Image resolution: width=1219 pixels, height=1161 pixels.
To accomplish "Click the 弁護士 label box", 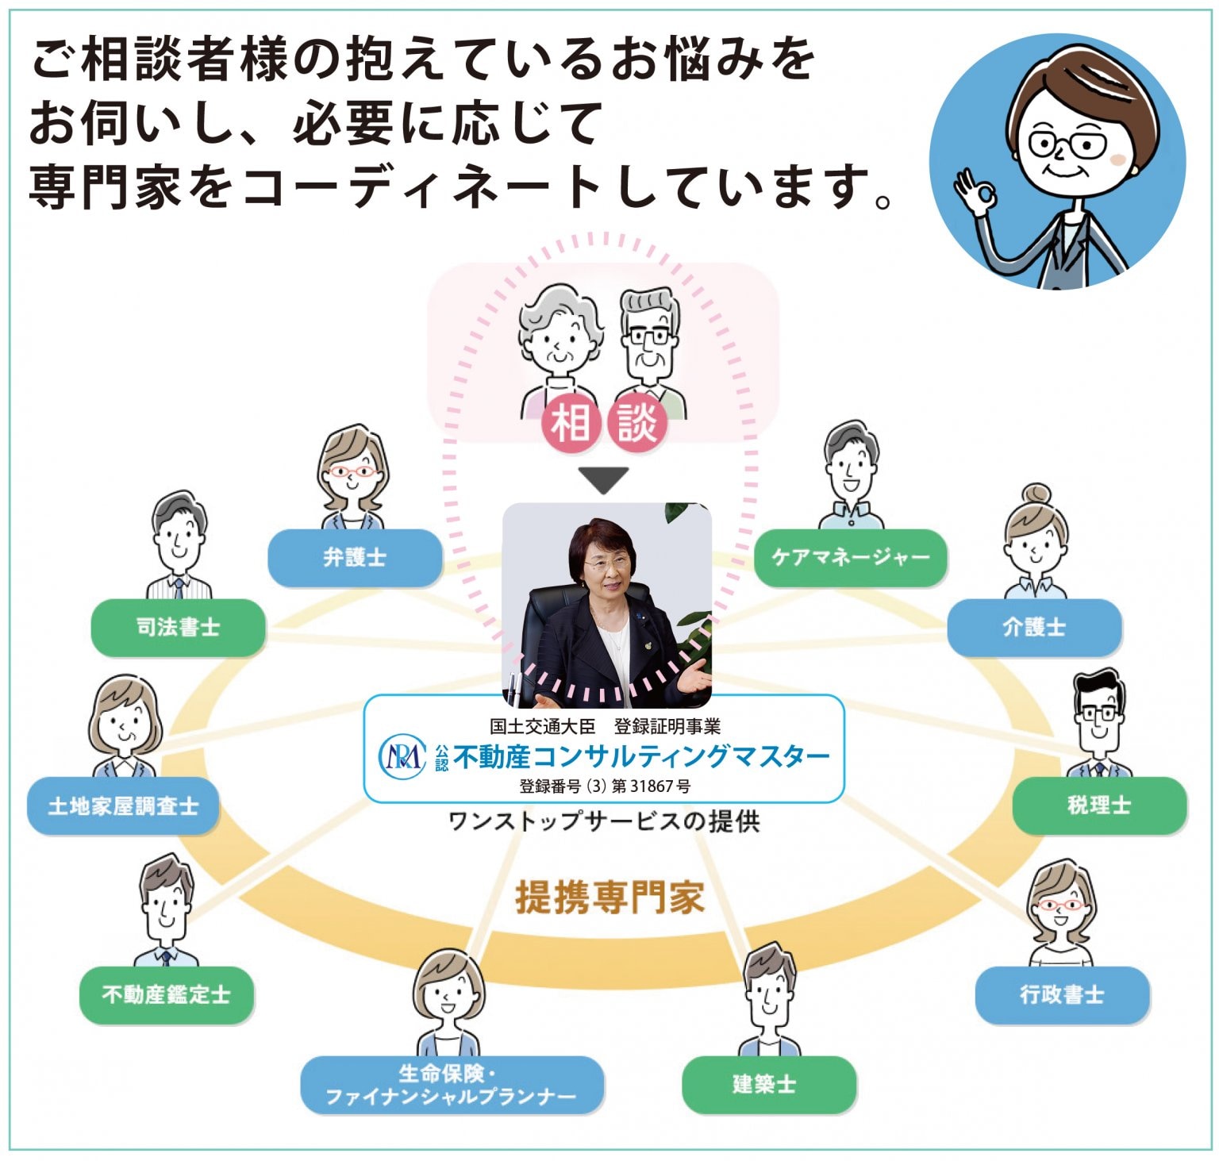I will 355,558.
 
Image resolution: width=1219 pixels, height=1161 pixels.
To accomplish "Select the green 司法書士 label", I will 178,627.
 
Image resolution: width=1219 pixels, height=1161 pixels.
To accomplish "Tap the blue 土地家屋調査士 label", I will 123,806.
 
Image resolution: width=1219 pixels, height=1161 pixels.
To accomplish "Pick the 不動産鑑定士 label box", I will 167,994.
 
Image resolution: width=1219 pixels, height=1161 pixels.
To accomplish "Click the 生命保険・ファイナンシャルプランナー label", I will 452,1085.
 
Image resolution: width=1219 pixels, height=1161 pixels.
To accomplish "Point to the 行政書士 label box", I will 1062,994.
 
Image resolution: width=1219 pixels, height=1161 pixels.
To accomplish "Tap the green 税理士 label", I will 1099,805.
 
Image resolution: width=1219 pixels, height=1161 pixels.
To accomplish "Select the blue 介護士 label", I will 1034,627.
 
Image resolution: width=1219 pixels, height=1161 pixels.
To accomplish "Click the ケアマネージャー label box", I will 851,558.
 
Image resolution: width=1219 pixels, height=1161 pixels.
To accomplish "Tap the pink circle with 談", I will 637,422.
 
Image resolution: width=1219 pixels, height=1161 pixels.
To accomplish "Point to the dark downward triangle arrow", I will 604,479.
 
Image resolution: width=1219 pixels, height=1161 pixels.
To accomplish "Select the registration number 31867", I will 652,786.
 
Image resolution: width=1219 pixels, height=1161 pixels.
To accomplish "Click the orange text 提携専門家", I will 609,898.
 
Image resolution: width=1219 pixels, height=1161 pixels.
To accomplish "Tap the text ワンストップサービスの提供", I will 604,821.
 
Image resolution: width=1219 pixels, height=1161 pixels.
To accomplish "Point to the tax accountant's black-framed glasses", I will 1098,713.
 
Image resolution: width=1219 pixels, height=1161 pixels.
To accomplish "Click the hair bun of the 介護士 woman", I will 1036,494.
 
